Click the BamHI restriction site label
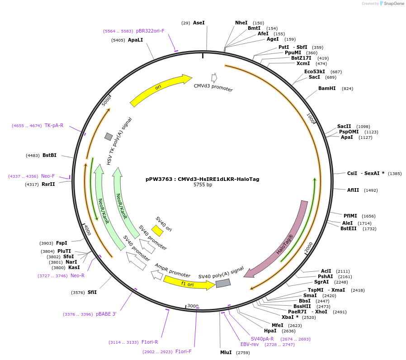coord(326,89)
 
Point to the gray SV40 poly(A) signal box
coord(223,283)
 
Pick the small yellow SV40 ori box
coord(157,231)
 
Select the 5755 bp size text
coord(203,185)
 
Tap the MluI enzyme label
coord(226,352)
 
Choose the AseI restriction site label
coord(198,23)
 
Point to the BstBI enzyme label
coord(49,156)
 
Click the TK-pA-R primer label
coord(54,125)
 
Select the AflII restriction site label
coord(353,190)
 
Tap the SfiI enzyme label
coord(92,292)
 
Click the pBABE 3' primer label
coord(106,314)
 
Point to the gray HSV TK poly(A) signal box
coord(109,137)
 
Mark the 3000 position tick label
coord(193,306)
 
